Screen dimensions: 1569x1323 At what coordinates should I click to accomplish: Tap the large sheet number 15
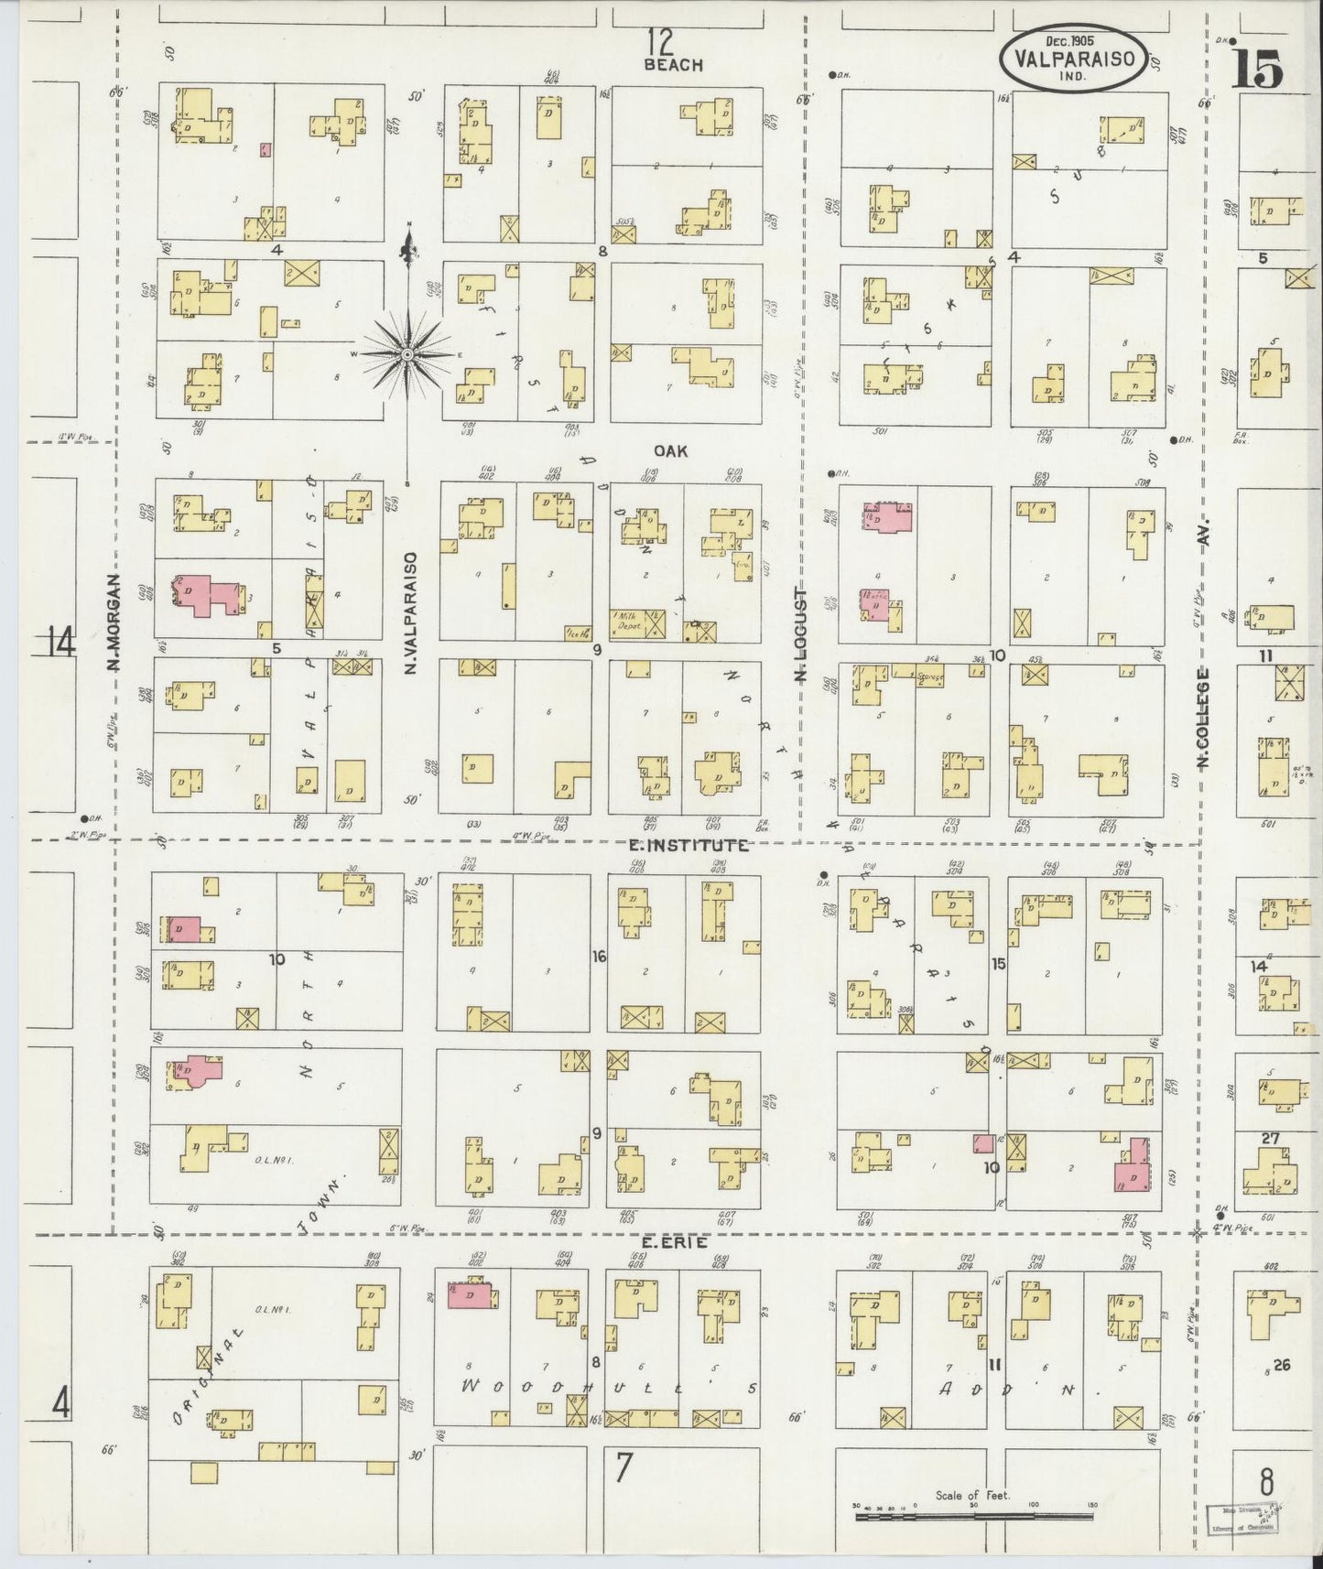click(x=1256, y=69)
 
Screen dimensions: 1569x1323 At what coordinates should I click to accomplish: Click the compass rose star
click(x=407, y=353)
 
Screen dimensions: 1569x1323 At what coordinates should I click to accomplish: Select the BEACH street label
click(x=673, y=64)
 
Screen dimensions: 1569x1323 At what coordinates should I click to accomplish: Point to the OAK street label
click(x=670, y=450)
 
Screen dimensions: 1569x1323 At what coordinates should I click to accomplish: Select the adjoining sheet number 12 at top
click(x=659, y=41)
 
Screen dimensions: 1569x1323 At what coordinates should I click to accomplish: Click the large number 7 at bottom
click(x=624, y=1467)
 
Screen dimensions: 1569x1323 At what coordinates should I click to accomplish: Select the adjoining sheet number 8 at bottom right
click(x=1267, y=1480)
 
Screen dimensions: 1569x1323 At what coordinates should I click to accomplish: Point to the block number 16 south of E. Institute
click(x=599, y=957)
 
